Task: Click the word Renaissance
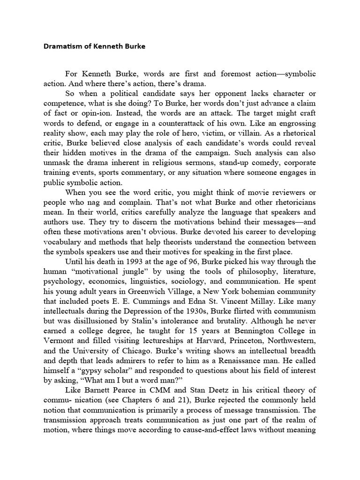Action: pyautogui.click(x=255, y=360)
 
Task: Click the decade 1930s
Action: pyautogui.click(x=190, y=311)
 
